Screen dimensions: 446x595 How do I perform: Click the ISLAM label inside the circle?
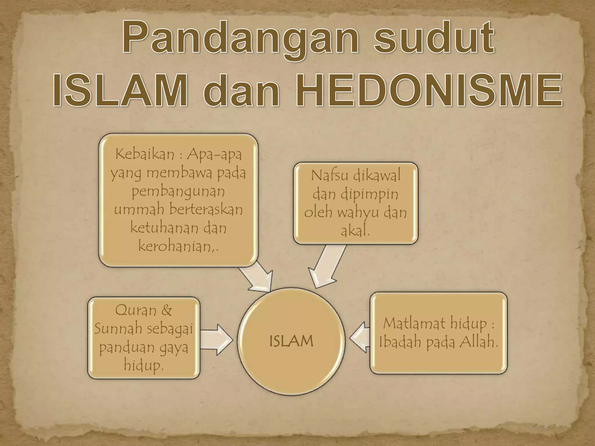click(291, 341)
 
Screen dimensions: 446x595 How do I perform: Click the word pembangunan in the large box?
click(178, 191)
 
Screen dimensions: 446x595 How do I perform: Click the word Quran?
click(136, 310)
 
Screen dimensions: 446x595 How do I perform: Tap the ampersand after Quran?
click(166, 310)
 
